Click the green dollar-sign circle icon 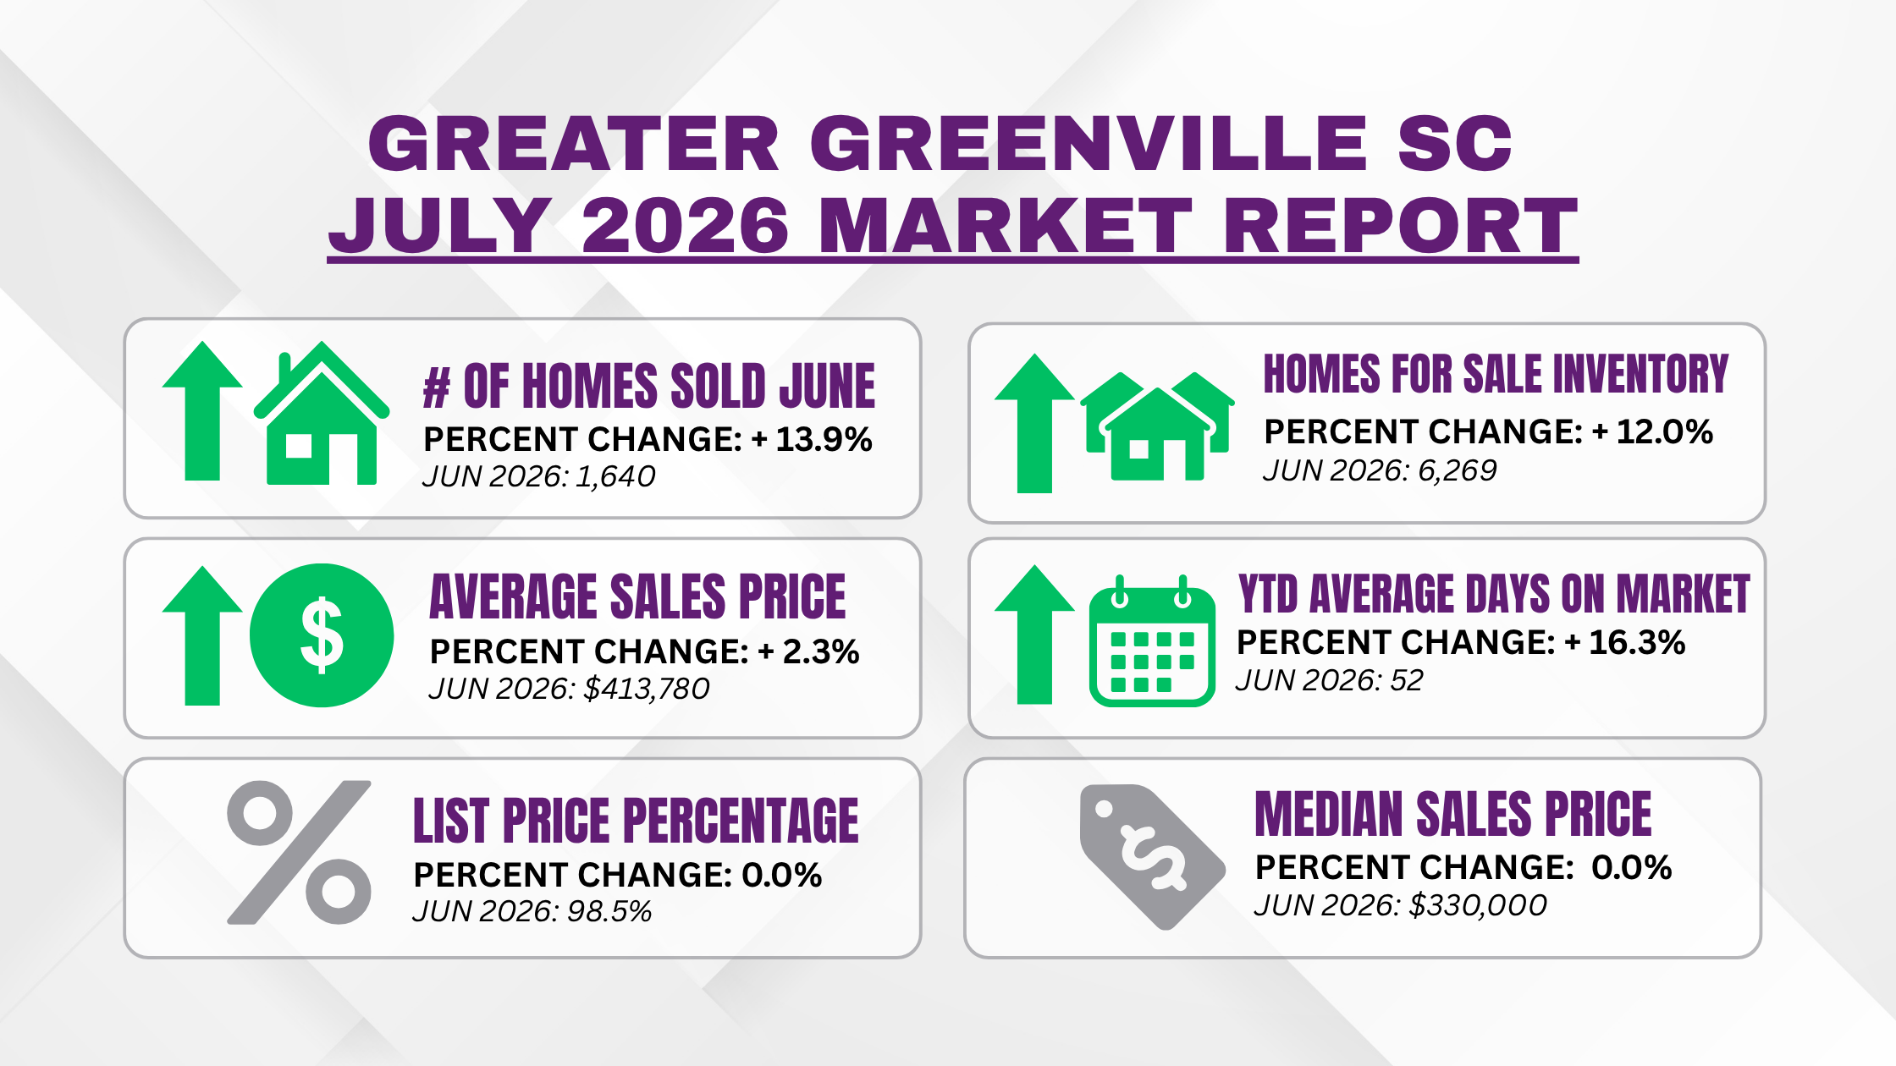coord(322,635)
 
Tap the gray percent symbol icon coord(299,852)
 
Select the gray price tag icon coord(1152,856)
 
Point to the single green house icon coord(322,413)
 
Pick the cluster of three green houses coord(1157,426)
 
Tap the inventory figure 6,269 coord(1457,470)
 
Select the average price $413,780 coord(647,689)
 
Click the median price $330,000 coord(1478,905)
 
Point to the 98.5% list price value coord(609,911)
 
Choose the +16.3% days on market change coord(1625,642)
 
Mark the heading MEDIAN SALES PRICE coord(1453,814)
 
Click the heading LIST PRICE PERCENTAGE coord(636,821)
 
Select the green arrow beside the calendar coord(1034,635)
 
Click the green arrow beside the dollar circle coord(202,635)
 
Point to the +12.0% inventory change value coord(1652,431)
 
